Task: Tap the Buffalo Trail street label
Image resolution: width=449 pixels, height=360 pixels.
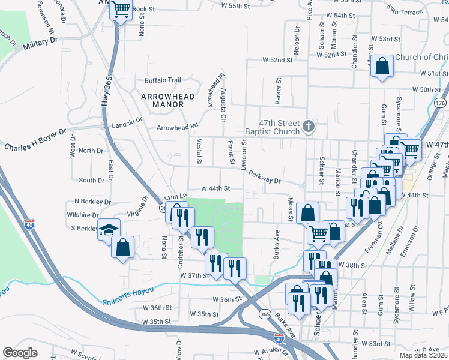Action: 162,80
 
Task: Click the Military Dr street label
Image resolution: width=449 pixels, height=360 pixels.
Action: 40,43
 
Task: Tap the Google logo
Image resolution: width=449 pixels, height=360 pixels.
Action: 20,353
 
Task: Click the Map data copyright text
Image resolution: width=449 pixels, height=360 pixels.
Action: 423,355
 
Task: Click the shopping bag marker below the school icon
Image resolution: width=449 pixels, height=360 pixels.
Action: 122,247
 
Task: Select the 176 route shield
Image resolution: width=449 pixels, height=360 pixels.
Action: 441,103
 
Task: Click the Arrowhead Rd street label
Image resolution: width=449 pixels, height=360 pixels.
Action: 176,127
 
